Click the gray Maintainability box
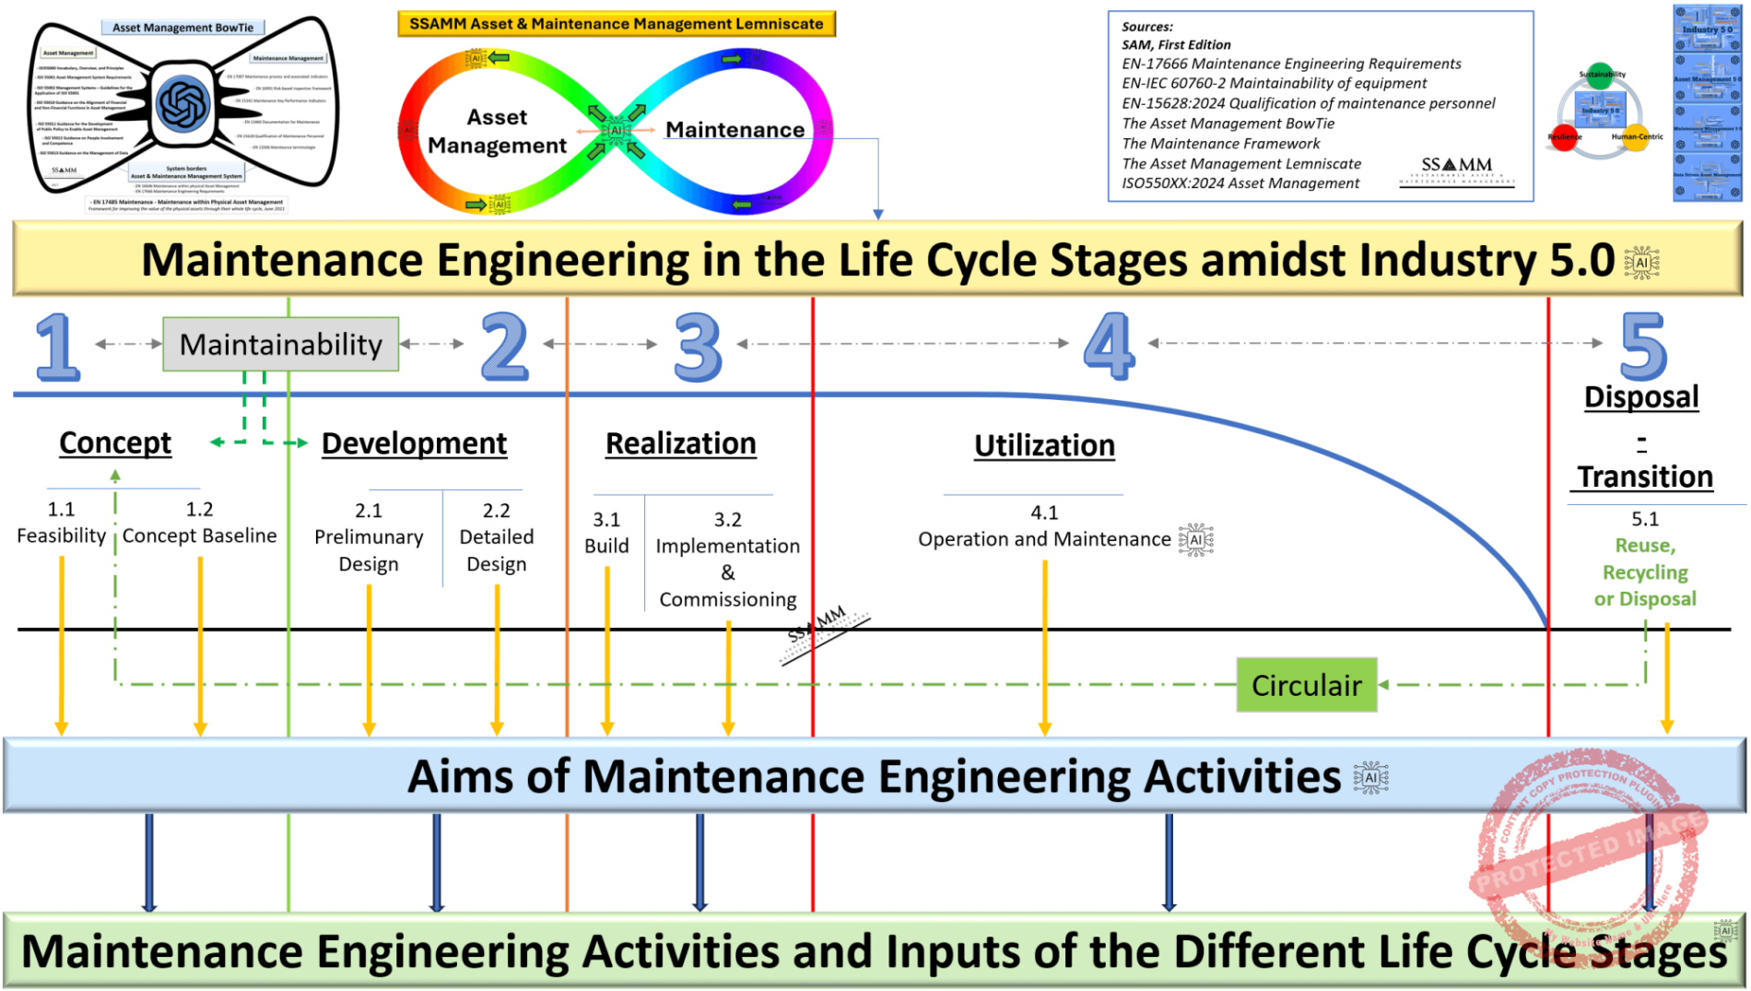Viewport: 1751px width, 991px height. pyautogui.click(x=280, y=344)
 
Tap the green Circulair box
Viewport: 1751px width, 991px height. pyautogui.click(x=1306, y=685)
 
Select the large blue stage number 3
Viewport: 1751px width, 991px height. pyautogui.click(x=698, y=347)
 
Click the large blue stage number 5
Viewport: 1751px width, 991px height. pyautogui.click(x=1643, y=347)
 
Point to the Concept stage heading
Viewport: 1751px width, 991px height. pyautogui.click(x=115, y=443)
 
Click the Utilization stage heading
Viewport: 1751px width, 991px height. pyautogui.click(x=1044, y=446)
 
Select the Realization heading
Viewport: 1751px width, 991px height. pyautogui.click(x=680, y=444)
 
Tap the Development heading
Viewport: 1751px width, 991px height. pyautogui.click(x=414, y=444)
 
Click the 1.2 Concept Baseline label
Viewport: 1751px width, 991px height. pyautogui.click(x=199, y=524)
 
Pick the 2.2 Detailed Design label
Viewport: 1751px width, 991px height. pyautogui.click(x=496, y=537)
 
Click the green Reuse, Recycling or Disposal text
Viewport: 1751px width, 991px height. pyautogui.click(x=1645, y=572)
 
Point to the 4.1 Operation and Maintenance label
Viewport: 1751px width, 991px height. pyautogui.click(x=1044, y=527)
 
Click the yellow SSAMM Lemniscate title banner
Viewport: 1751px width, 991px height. pyautogui.click(x=616, y=24)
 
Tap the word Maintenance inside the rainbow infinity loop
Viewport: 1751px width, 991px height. pyautogui.click(x=734, y=130)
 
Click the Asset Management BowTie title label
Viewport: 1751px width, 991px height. pyautogui.click(x=182, y=28)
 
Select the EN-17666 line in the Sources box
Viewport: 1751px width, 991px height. pyautogui.click(x=1290, y=64)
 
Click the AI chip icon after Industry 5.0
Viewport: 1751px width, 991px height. pyautogui.click(x=1641, y=263)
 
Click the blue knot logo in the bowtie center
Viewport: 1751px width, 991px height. pyautogui.click(x=183, y=103)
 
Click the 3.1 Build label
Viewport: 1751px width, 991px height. pyautogui.click(x=606, y=534)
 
